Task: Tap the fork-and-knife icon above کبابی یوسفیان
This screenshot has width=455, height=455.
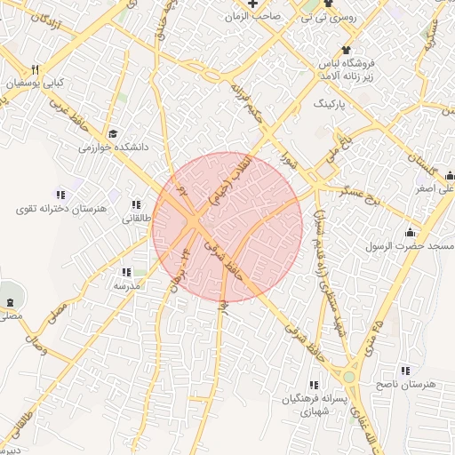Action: coord(36,69)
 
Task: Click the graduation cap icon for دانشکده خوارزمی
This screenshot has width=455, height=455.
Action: coord(112,133)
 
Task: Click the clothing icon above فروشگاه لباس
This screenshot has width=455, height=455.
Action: coord(347,51)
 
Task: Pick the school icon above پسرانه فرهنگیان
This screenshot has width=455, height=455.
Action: coord(313,385)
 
